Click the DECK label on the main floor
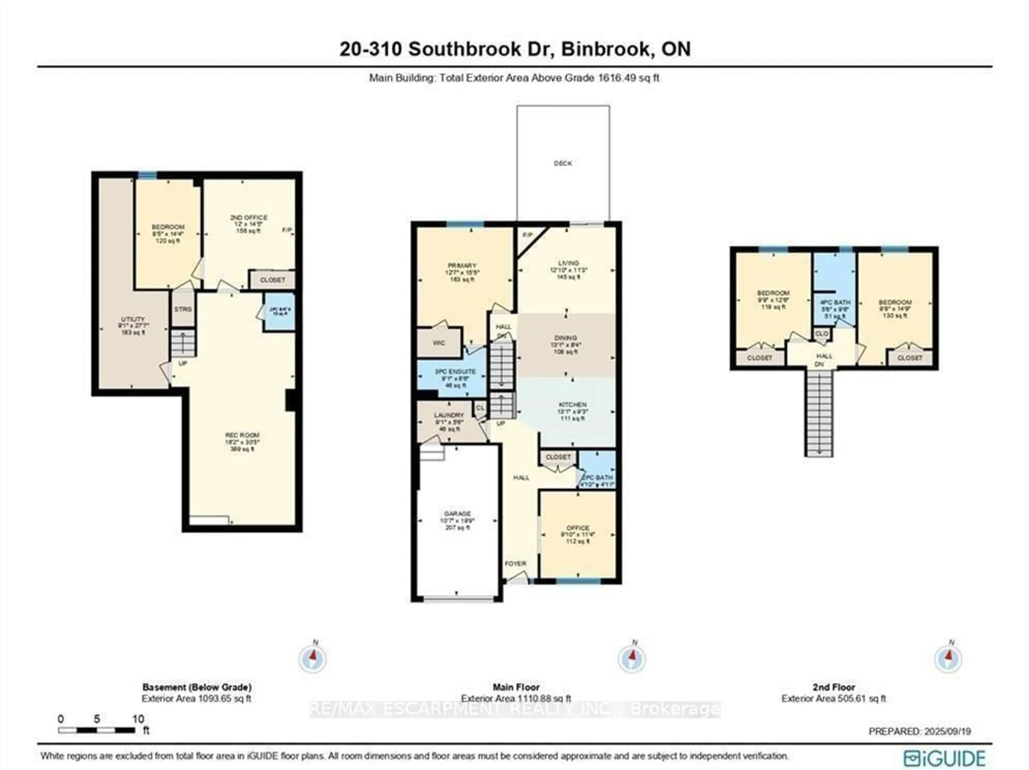[x=563, y=163]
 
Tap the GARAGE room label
[x=457, y=514]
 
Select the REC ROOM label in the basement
[x=242, y=435]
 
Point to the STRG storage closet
[x=183, y=309]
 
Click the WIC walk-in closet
[x=439, y=343]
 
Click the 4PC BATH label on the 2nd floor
[x=836, y=302]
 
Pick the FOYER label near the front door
[x=515, y=563]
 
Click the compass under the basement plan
[x=313, y=658]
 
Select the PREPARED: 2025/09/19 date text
[x=920, y=731]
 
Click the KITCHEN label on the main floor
[x=572, y=404]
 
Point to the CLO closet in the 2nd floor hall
[x=822, y=334]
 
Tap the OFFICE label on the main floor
[x=578, y=528]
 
